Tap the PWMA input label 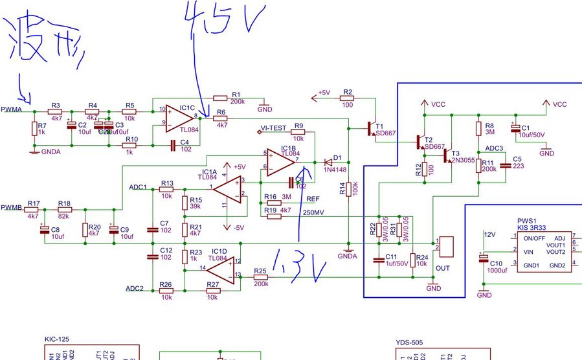coord(12,109)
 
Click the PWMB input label coord(12,208)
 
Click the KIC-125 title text coord(57,339)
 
